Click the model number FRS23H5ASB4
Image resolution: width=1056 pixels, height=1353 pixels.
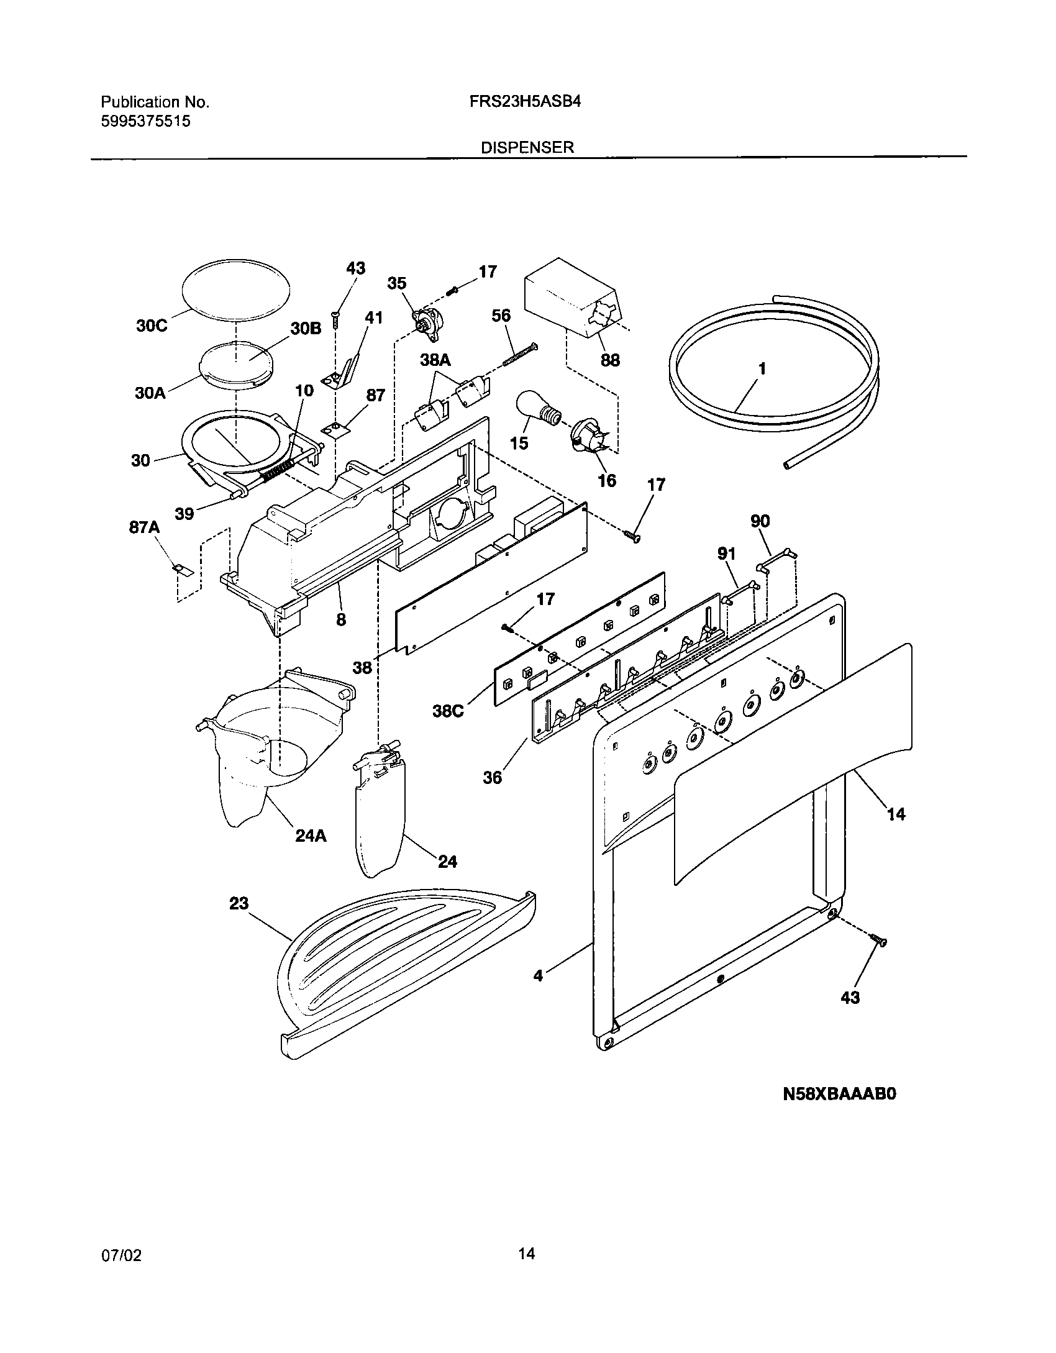pos(526,102)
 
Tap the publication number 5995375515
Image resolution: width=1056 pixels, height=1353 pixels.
pos(145,121)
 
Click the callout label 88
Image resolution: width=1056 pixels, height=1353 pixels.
pos(610,360)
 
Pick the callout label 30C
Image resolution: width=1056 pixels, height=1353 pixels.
pos(152,326)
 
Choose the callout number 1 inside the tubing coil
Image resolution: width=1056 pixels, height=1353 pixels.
pos(762,369)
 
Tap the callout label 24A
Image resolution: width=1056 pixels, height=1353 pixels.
pos(311,836)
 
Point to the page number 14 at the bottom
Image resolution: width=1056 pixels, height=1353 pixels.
pos(526,1253)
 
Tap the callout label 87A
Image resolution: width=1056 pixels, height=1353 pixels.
pos(144,528)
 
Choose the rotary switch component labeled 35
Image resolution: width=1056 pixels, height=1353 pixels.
pos(427,324)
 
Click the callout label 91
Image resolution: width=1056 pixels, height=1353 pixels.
pos(726,554)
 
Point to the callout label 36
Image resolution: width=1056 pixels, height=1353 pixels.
pos(492,777)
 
